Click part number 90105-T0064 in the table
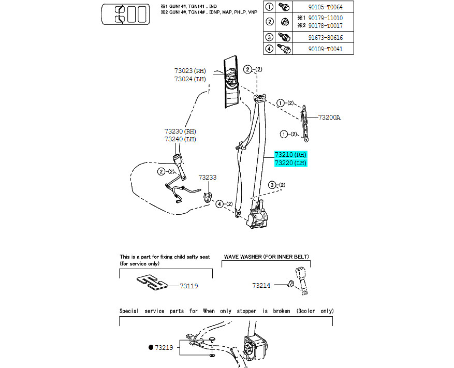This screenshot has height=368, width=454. click(x=325, y=7)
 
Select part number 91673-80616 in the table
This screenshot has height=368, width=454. click(x=325, y=38)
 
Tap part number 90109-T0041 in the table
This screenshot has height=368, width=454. click(x=325, y=49)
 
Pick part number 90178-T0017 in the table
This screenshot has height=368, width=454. click(x=325, y=26)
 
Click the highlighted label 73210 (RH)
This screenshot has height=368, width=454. click(x=290, y=155)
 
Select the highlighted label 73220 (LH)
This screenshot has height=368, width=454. click(x=290, y=163)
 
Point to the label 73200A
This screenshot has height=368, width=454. click(x=329, y=117)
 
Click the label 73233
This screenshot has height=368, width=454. click(x=207, y=177)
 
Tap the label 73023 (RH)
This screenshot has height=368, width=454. click(x=190, y=71)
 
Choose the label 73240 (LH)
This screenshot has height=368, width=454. click(x=180, y=139)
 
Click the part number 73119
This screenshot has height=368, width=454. click(x=189, y=286)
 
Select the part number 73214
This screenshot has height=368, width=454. click(x=261, y=286)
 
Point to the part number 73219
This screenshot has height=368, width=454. click(x=164, y=347)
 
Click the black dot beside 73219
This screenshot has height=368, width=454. click(x=151, y=347)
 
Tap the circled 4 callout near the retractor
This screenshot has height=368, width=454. click(x=219, y=204)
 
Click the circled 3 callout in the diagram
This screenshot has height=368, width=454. click(x=272, y=185)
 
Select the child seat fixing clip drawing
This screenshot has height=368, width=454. click(x=152, y=282)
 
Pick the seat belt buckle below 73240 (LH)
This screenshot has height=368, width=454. click(x=177, y=160)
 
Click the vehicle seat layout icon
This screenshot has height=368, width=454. click(x=125, y=14)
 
